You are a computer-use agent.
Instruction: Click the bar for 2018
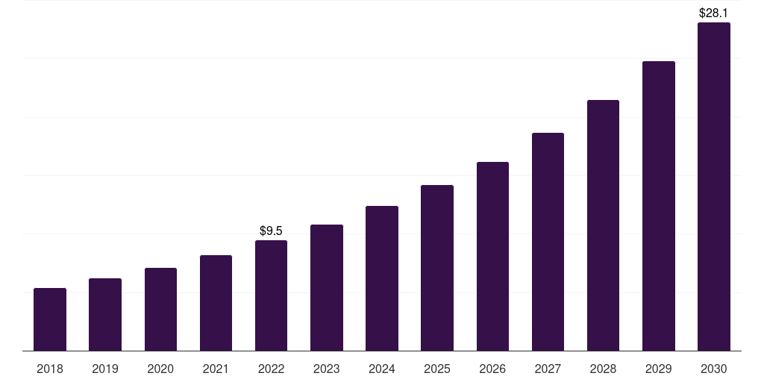point(50,319)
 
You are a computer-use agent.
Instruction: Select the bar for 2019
point(105,314)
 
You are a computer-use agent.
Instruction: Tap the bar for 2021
point(216,303)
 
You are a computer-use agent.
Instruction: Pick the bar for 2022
point(271,295)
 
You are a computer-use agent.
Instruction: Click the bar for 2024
point(382,278)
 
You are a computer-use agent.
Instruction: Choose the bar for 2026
point(492,256)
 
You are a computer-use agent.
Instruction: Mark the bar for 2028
point(603,225)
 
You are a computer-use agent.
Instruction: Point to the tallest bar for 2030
point(714,187)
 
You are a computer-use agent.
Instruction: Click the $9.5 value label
point(271,231)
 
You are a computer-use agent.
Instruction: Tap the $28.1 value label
point(714,13)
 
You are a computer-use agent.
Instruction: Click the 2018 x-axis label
point(50,369)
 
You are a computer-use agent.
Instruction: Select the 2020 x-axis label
point(160,369)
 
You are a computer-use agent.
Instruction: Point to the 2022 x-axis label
point(271,369)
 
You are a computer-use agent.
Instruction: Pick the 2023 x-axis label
point(327,369)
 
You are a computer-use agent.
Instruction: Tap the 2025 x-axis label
point(437,369)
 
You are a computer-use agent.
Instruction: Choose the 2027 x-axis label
point(548,369)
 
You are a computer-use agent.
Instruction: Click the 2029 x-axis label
point(659,369)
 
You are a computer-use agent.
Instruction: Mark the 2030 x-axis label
point(714,369)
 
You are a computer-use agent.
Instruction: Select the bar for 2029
point(659,206)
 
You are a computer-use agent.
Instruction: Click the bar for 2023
point(327,287)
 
